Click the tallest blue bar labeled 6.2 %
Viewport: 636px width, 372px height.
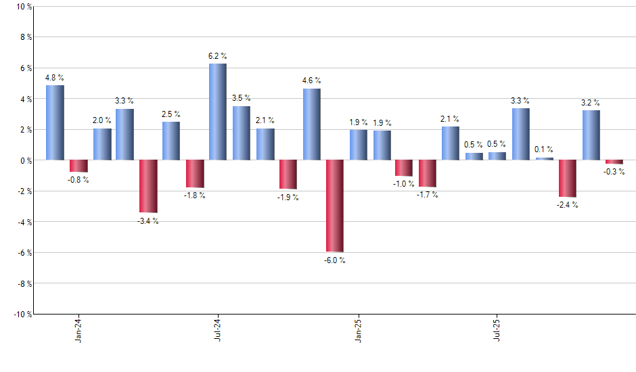[218, 112]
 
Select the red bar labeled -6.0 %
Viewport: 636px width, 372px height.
[334, 206]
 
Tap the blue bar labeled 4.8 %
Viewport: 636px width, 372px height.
[55, 122]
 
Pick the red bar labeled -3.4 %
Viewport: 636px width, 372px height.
[148, 186]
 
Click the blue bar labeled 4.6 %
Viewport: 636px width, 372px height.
[311, 124]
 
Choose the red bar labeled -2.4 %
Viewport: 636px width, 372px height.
[568, 179]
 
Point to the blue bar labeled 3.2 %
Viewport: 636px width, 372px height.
[591, 135]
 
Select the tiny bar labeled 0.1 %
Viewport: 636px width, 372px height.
[544, 159]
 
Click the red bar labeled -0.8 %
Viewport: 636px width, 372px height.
[78, 166]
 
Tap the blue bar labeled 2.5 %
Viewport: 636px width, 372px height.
[171, 141]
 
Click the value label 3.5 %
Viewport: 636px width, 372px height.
[242, 98]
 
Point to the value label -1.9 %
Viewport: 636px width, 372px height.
[288, 197]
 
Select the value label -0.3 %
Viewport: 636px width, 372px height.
[614, 172]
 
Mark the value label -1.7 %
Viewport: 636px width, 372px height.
[428, 195]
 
